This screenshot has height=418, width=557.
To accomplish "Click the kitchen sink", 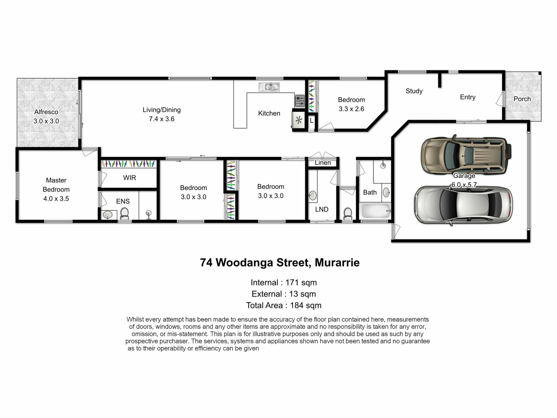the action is (x=269, y=87).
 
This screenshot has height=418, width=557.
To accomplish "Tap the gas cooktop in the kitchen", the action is (x=300, y=101).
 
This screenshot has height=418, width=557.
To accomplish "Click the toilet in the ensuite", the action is (x=125, y=213).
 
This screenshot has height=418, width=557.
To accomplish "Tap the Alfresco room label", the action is (x=46, y=112).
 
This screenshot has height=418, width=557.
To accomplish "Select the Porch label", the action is (x=522, y=99).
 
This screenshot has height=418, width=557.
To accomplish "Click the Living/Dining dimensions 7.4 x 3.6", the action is (x=162, y=119).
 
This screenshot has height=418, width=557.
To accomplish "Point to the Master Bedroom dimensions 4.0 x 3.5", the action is (x=56, y=199).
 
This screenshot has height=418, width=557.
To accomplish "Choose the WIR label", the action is (x=129, y=178).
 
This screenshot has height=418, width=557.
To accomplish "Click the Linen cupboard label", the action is (x=323, y=163).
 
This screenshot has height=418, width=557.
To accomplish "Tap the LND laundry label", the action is (x=322, y=209).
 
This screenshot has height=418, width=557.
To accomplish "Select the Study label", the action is (x=414, y=91).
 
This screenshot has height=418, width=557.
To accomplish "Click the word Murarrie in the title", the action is (x=337, y=262).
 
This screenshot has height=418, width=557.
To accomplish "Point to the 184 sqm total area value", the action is (x=306, y=305).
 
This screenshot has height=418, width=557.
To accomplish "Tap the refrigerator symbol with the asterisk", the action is (x=299, y=120).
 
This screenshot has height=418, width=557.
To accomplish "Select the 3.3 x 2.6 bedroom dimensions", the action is (x=351, y=109).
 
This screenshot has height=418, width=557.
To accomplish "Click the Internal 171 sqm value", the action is (x=301, y=282).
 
